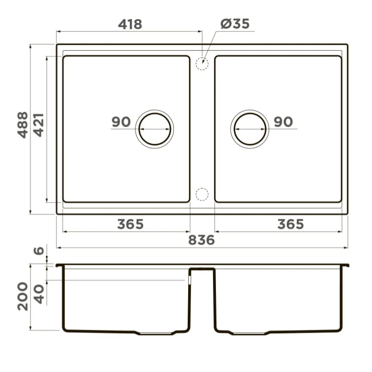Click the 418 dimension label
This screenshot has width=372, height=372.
point(130,24)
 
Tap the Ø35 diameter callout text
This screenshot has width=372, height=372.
point(235,24)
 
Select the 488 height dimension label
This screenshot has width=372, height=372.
point(23,125)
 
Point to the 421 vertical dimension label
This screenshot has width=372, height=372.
point(38,125)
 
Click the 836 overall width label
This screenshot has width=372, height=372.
point(201,240)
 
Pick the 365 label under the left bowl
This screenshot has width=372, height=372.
point(130,224)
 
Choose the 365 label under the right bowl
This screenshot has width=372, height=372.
point(290,224)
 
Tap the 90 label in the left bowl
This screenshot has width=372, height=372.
point(121,122)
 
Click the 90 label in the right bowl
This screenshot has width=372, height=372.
point(283,122)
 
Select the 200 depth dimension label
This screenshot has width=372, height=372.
point(23,296)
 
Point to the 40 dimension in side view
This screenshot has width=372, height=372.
point(39,293)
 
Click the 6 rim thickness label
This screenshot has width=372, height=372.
point(39,251)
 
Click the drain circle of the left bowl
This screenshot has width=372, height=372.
point(154,129)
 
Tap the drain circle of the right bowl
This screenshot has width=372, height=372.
point(250,129)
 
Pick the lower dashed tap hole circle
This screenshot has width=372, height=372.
point(202,194)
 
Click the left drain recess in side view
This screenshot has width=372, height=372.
point(156,332)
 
